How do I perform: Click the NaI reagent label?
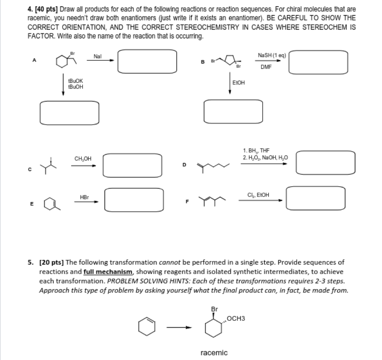click(97, 56)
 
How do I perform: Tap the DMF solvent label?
click(266, 67)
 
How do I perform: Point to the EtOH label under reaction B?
click(238, 83)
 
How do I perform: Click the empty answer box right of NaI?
click(147, 60)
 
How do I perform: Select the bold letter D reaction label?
click(184, 164)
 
